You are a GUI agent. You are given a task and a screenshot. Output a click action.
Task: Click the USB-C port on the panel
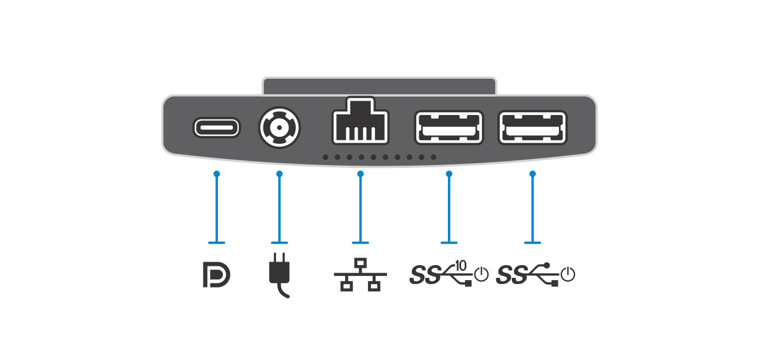pos(216,127)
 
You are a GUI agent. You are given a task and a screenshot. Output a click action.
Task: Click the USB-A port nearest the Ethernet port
pos(448,127)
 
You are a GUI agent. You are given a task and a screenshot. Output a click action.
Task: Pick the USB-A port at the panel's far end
pos(532,127)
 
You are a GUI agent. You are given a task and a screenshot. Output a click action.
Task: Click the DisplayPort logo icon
pos(216,275)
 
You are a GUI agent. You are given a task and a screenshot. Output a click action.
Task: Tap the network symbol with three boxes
pos(361,275)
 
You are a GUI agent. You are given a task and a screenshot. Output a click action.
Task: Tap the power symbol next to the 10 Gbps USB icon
pos(481,274)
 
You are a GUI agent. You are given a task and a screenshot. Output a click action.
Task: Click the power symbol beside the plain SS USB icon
pos(568,274)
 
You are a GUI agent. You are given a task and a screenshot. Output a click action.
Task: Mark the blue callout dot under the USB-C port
pos(216,173)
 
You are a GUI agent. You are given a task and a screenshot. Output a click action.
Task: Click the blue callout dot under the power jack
pos(279,173)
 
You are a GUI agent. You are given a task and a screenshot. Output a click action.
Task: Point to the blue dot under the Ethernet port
pos(361,173)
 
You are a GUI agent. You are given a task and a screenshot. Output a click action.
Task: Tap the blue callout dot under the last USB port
pos(532,173)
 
